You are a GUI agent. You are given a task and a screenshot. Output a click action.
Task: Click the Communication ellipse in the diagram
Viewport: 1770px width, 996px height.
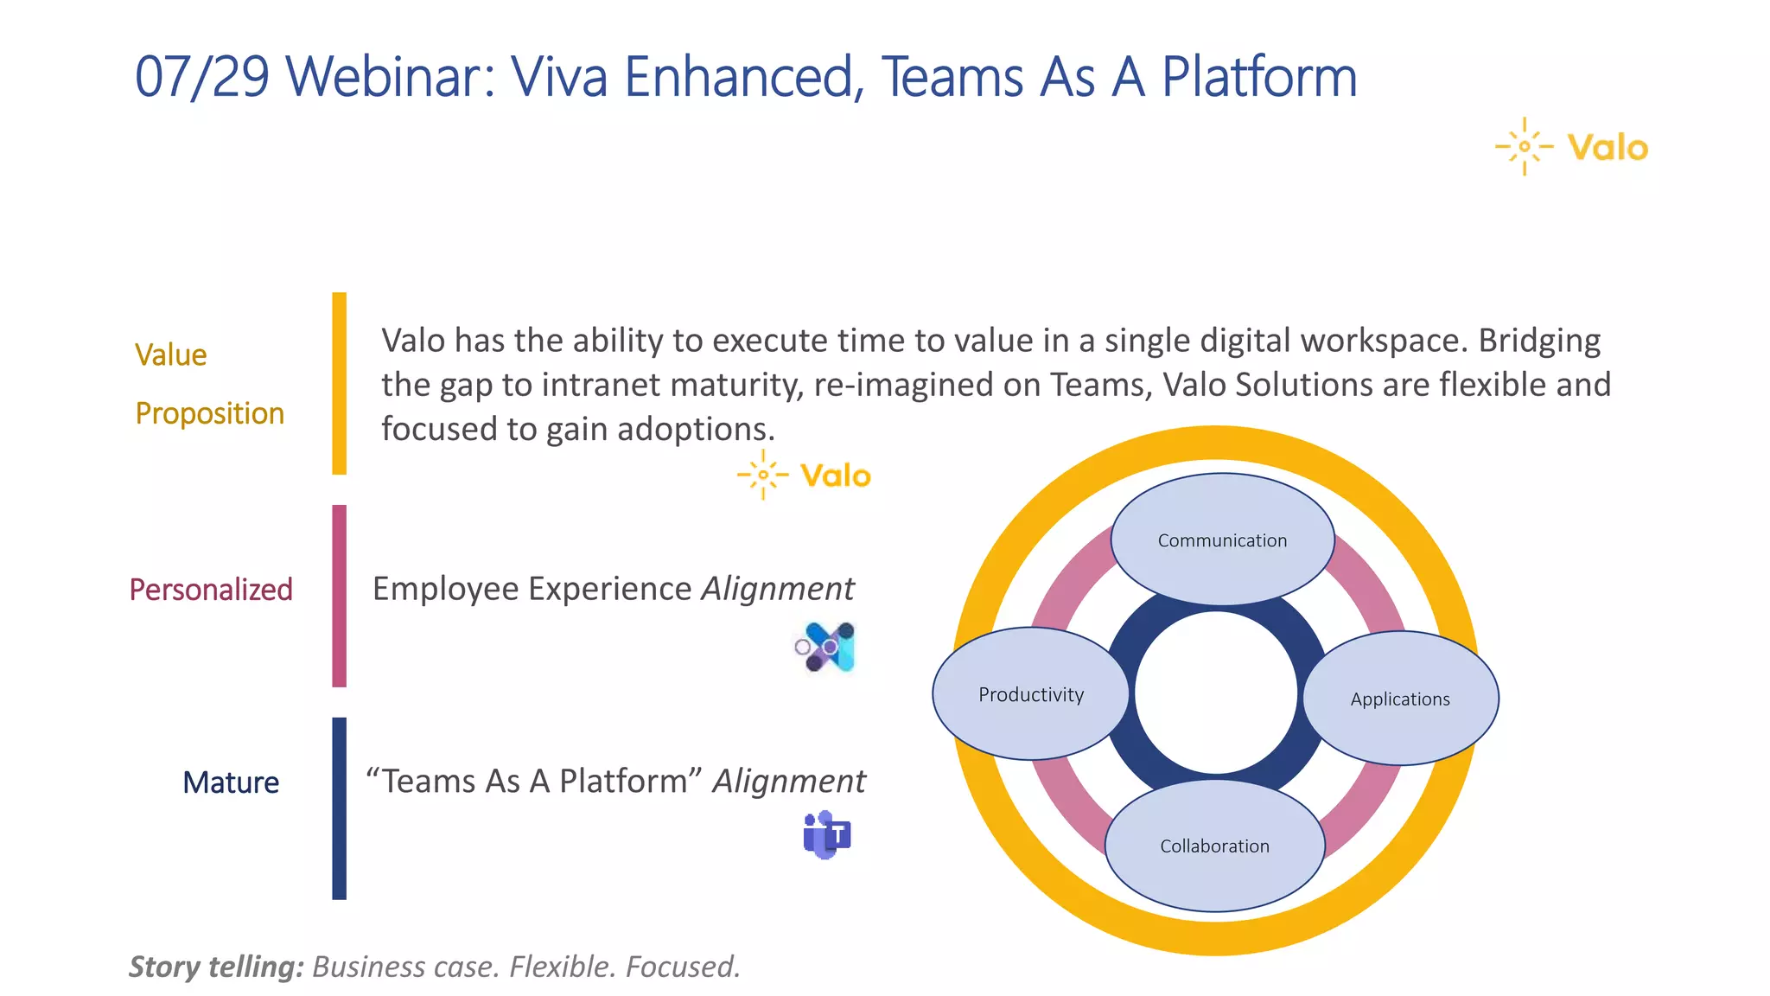point(1222,539)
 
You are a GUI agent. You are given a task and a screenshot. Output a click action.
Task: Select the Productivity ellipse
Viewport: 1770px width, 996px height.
point(1030,694)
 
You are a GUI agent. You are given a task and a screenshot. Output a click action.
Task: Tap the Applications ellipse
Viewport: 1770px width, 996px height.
point(1400,699)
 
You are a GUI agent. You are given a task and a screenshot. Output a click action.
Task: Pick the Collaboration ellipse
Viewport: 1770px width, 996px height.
point(1214,846)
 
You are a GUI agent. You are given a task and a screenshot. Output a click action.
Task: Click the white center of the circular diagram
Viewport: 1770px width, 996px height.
point(1216,693)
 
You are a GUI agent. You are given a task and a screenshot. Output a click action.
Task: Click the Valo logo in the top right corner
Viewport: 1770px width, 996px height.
point(1572,147)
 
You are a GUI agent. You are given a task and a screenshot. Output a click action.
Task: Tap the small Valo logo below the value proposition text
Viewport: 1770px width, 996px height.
point(804,475)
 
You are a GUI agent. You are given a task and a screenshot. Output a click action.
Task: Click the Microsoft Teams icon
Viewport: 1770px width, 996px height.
point(827,835)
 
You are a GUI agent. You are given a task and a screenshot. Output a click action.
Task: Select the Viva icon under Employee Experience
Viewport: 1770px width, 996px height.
point(826,647)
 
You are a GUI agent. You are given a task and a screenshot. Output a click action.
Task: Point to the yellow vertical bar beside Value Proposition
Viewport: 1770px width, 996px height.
point(339,383)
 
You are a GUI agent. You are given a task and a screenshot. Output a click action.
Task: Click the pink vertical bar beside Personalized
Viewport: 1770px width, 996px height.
point(339,596)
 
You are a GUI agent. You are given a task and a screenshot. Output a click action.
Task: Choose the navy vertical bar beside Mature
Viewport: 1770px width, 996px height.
point(339,808)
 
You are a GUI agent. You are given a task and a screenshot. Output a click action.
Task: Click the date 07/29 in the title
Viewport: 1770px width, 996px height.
point(202,76)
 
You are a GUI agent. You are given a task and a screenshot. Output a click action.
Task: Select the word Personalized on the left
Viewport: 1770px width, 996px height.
point(211,590)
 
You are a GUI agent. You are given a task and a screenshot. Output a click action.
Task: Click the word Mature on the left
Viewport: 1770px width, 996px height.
point(231,782)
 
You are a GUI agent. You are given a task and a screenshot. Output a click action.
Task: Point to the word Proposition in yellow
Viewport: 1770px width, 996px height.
point(209,413)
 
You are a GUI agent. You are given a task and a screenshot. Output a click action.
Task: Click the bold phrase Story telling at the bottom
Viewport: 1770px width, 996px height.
point(216,966)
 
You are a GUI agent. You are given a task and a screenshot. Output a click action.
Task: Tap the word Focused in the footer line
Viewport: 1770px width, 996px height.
point(682,966)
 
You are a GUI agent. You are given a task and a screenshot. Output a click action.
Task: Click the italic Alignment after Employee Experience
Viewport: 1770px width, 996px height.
point(777,589)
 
